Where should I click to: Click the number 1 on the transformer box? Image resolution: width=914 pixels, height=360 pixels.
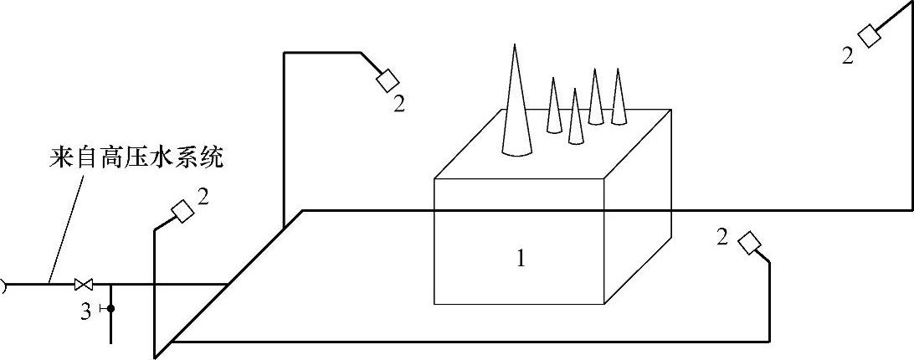click(x=521, y=260)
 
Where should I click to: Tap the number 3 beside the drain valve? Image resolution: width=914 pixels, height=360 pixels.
click(x=86, y=312)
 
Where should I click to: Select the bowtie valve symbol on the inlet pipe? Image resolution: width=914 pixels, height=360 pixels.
click(x=83, y=284)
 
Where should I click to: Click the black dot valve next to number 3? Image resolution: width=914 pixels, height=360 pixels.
click(x=110, y=309)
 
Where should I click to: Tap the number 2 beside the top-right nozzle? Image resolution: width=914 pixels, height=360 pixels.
click(x=848, y=57)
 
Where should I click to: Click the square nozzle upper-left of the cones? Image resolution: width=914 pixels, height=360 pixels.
click(x=388, y=80)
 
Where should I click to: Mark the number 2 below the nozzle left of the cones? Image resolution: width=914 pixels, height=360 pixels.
click(x=399, y=104)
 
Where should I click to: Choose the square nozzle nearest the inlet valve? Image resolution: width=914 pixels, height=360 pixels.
click(x=182, y=212)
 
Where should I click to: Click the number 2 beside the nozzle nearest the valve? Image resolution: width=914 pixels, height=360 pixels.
click(x=203, y=197)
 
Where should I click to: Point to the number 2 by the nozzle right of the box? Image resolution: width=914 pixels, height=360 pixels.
click(x=722, y=237)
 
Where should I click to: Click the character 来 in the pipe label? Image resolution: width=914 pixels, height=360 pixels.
click(x=55, y=159)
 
